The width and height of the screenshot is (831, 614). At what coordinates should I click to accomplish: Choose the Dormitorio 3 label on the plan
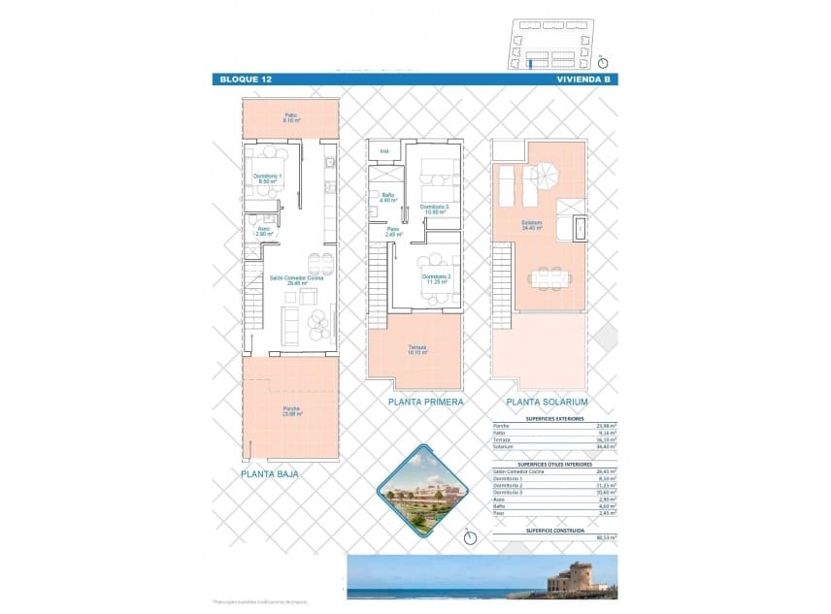434,210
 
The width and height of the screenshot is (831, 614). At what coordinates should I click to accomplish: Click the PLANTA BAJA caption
269,474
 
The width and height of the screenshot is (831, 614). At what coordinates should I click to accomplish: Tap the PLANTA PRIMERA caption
425,401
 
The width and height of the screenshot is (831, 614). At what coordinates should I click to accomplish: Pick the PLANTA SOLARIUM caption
547,401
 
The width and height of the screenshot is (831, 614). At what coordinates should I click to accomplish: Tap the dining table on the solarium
549,278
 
